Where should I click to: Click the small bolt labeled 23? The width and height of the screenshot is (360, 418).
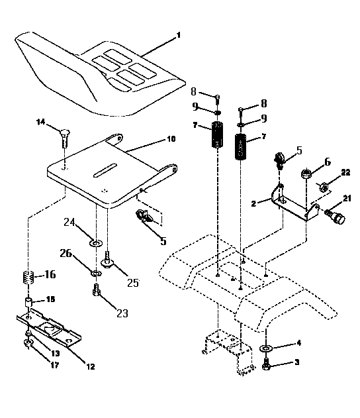(x=97, y=289)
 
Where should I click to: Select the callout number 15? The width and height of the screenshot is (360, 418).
(x=50, y=299)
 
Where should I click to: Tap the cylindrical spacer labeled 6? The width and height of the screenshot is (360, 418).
(x=306, y=175)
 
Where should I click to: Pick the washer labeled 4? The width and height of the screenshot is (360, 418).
(x=266, y=348)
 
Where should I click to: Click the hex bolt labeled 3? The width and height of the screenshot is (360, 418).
(x=265, y=364)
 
